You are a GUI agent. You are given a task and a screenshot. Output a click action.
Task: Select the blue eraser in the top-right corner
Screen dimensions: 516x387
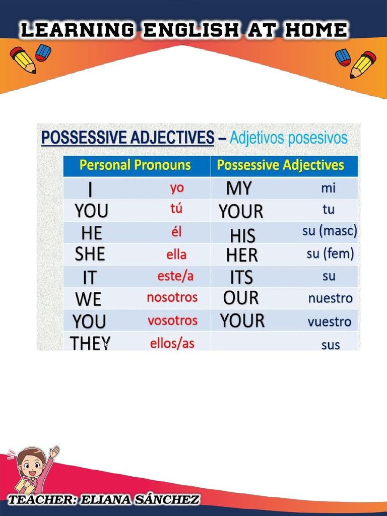click(x=343, y=57)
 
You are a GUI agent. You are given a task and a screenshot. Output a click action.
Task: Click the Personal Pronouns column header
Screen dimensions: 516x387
click(x=136, y=165)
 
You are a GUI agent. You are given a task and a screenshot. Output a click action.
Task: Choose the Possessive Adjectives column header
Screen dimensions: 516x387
click(x=280, y=165)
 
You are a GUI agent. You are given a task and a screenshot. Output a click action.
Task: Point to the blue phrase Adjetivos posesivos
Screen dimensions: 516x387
click(x=288, y=138)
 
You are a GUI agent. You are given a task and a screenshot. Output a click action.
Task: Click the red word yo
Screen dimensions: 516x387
click(x=177, y=188)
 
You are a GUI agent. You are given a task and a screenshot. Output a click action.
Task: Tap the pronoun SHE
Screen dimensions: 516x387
click(x=90, y=254)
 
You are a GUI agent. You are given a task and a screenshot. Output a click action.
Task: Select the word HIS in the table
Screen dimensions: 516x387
click(x=242, y=236)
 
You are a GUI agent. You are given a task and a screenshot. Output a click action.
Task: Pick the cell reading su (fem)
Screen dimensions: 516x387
click(x=330, y=253)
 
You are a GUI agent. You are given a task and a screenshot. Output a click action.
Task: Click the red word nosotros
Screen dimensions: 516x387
click(x=172, y=297)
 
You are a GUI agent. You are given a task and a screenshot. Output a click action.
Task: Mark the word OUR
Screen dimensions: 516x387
click(x=241, y=298)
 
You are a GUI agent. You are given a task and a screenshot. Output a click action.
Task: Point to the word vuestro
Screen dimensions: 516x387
click(x=330, y=322)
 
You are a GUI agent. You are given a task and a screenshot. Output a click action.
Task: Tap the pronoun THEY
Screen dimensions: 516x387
click(x=90, y=344)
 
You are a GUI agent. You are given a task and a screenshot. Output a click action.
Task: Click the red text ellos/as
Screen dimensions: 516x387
click(x=172, y=344)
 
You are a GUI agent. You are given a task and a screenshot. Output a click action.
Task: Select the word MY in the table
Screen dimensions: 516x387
click(x=239, y=188)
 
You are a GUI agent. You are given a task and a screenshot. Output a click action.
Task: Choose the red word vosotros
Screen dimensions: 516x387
click(x=172, y=320)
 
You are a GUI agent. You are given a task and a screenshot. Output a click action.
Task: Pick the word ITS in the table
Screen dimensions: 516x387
click(x=241, y=277)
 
